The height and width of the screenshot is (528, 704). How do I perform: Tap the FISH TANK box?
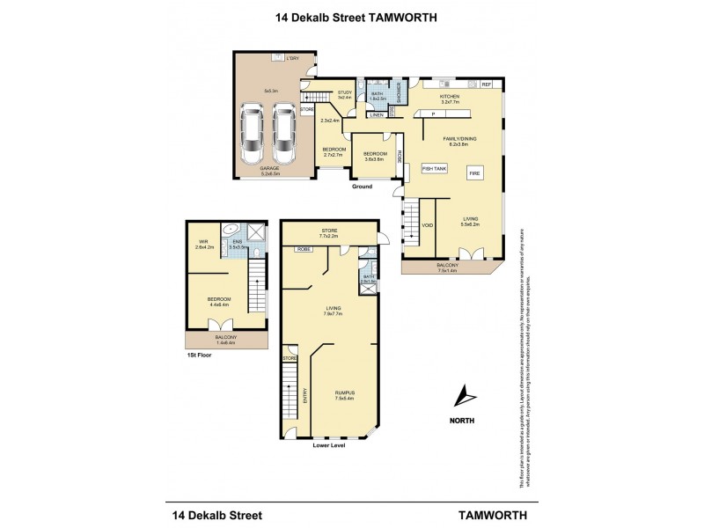(x=435, y=167)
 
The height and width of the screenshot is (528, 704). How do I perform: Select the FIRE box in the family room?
(x=474, y=174)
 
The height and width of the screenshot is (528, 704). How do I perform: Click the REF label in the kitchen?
(x=486, y=84)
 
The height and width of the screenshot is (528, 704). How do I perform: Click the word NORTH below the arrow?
(x=462, y=421)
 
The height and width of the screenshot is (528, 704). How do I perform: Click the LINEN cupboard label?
(x=377, y=114)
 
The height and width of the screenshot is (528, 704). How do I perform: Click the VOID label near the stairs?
(x=429, y=225)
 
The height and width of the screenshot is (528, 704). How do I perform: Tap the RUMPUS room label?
(x=343, y=393)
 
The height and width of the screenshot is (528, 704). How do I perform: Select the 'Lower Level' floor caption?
(x=329, y=446)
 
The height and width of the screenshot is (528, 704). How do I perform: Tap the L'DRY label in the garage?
(x=292, y=58)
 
